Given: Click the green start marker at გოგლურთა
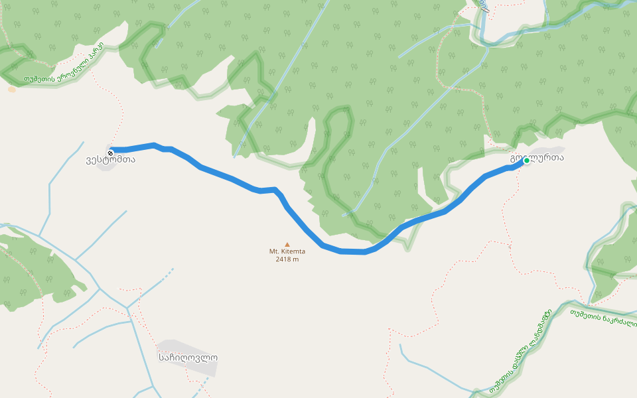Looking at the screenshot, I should coord(527,161).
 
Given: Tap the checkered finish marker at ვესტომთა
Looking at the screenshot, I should coord(110,153).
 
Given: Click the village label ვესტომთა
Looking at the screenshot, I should coord(110,160).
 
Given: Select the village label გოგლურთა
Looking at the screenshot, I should coord(537,159).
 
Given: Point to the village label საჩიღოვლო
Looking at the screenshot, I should coord(188,358).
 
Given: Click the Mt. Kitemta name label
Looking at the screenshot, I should coord(287,251).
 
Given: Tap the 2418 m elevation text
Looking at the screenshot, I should coord(287,259).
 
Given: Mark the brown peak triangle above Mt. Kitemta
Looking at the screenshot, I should coord(287,244).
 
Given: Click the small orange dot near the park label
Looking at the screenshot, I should coord(11,90).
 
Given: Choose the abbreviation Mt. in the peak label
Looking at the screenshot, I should coord(273,251).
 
